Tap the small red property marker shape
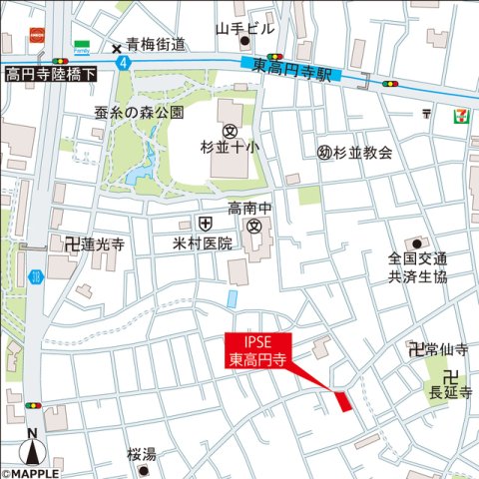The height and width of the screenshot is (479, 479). [x=343, y=401]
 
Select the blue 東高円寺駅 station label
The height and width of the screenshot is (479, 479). [x=290, y=68]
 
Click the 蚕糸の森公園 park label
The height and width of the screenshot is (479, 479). [x=139, y=111]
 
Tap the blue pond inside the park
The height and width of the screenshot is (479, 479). [x=138, y=177]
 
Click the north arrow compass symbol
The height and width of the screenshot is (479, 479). [x=32, y=452]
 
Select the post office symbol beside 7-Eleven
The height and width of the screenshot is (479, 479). [x=428, y=114]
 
